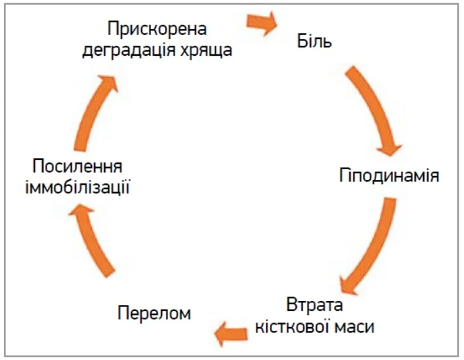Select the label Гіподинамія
389,177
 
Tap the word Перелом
154,313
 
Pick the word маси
353,328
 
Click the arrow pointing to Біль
262,23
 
